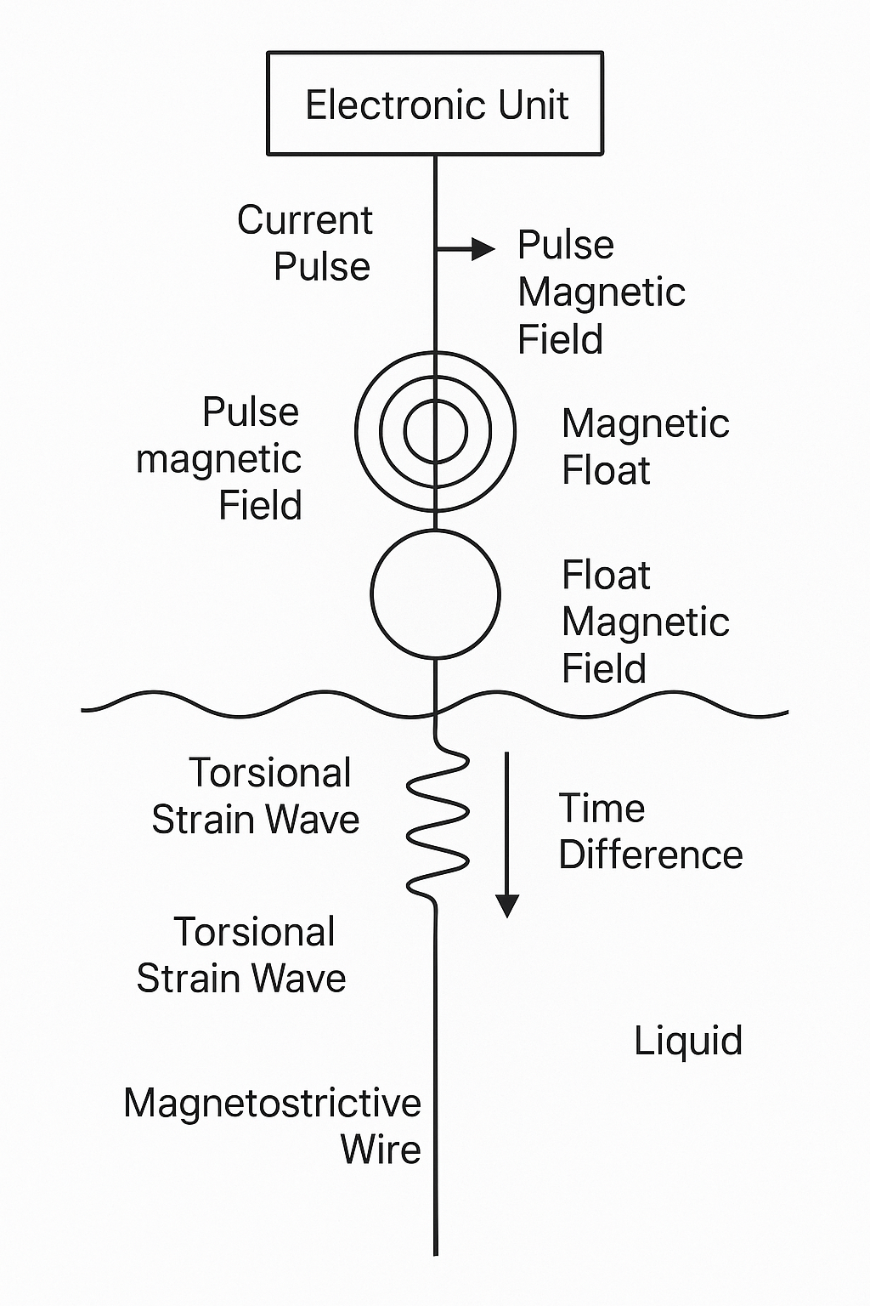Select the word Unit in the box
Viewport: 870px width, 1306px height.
pos(534,105)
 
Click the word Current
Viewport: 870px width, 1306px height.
pos(304,220)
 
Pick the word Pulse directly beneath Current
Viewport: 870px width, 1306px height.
pos(321,267)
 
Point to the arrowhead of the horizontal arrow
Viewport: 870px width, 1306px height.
pos(484,248)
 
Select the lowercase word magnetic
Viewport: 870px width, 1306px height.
pos(218,460)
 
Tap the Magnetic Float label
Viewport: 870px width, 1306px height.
pos(645,446)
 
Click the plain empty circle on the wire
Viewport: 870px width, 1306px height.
pos(435,594)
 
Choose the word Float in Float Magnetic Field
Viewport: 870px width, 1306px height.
pos(606,576)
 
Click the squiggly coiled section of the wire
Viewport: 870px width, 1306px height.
pos(438,823)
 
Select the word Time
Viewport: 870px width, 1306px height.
pos(602,809)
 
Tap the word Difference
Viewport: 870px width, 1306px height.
pos(651,855)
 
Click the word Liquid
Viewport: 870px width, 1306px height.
pos(688,1041)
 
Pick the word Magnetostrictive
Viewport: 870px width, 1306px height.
pos(272,1104)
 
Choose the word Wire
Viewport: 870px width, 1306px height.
pos(381,1150)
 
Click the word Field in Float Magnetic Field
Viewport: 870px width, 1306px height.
pos(604,669)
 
